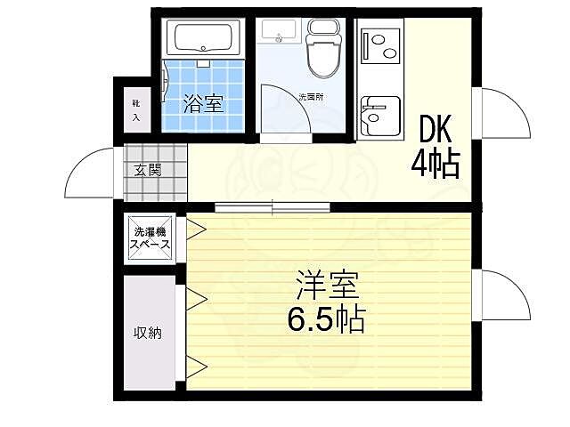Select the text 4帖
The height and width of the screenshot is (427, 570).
436,163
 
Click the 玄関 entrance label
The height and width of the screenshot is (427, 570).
148,170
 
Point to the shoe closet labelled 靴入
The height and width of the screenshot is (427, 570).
136,110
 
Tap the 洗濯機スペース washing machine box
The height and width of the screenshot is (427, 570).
151,238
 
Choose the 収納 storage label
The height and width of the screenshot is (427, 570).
148,334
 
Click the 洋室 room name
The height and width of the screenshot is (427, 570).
328,286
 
